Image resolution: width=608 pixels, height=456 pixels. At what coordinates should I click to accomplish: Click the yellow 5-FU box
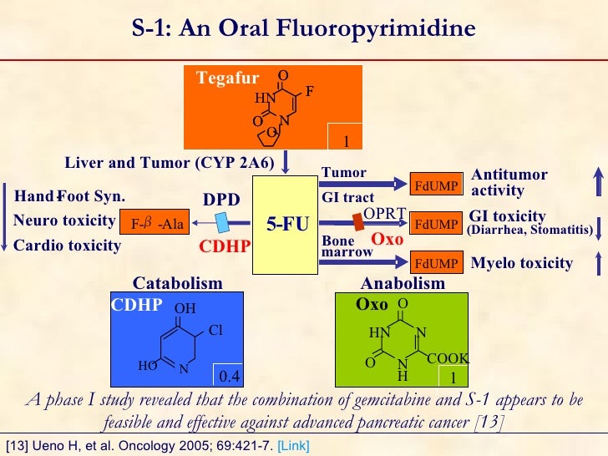coord(288,224)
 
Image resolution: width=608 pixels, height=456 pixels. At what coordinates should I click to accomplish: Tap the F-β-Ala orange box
coord(156,223)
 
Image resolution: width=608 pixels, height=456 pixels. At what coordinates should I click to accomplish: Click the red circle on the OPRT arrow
coord(357,223)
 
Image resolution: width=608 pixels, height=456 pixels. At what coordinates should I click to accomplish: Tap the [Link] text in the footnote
coord(292,447)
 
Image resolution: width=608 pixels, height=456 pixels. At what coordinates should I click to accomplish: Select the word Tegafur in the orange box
coord(228,79)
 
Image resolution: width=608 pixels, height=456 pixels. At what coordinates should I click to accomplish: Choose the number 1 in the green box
coord(453,377)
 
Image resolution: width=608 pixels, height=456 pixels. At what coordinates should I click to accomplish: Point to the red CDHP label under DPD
coord(224,246)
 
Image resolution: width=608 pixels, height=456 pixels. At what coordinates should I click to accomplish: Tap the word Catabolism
coord(178,283)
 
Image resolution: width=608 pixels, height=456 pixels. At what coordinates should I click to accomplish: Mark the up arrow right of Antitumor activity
coord(597,183)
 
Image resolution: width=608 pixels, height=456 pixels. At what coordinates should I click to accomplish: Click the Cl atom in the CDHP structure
coord(215,330)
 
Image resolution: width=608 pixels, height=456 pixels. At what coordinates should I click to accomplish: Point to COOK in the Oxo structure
coord(448,358)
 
